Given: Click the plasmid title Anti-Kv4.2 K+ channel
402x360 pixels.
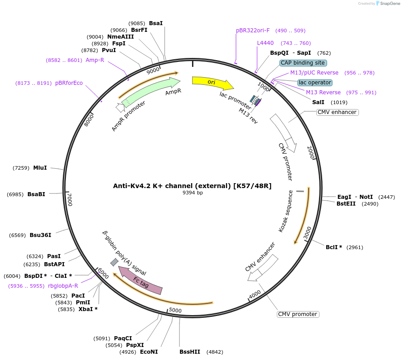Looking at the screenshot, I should [192, 185].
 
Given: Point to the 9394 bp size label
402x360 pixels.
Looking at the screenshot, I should [192, 193].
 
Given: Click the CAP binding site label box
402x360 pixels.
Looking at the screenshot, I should [303, 63].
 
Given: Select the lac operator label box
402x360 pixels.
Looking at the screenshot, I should [315, 83].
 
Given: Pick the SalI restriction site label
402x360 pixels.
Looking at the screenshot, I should [318, 102].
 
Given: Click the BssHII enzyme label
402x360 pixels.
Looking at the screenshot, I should [190, 352].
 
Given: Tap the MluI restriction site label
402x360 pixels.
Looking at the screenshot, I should [40, 168].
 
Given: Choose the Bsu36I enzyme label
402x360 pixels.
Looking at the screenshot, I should [40, 235].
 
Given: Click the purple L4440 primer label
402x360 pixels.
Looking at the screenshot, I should [265, 43].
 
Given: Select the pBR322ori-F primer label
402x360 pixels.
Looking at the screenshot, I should [253, 31].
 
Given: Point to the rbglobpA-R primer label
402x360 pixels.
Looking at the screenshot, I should [63, 286].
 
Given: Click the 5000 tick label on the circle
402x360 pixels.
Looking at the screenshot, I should [175, 311].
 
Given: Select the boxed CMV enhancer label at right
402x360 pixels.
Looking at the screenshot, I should [337, 112].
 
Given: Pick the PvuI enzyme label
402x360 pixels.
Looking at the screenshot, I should [109, 50].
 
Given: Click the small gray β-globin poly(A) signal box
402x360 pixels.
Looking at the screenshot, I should [114, 262].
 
